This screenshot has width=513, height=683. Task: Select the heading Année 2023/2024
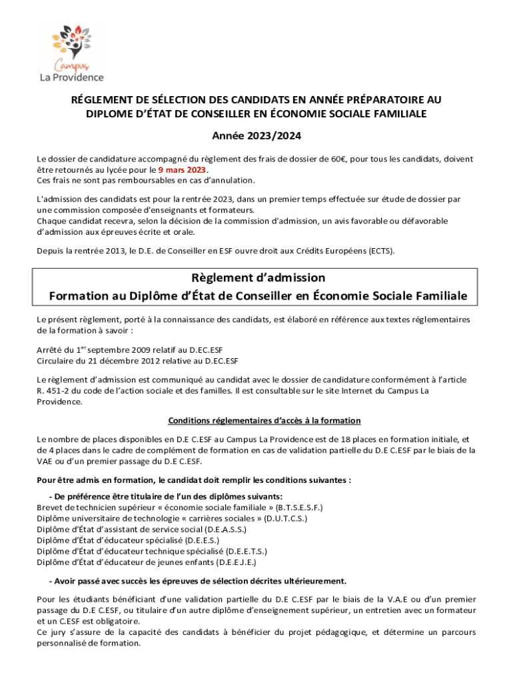(x=256, y=136)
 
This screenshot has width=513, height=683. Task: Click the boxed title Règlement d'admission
(x=256, y=277)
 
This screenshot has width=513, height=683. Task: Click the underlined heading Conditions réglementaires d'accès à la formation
(x=264, y=420)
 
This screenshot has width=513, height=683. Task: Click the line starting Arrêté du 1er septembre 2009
(x=132, y=350)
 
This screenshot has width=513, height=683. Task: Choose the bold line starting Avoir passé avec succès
(x=197, y=580)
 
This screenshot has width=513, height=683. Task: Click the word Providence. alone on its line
(x=60, y=402)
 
